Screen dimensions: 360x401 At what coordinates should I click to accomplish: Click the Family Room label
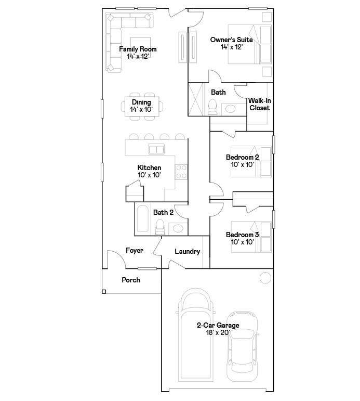point(138,49)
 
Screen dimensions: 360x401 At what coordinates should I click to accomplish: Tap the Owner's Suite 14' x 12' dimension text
point(232,47)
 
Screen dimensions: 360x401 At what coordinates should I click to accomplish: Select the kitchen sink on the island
point(156,149)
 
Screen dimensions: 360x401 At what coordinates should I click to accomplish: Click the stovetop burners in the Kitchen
point(181,172)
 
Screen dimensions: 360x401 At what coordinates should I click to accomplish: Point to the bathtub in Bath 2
point(142,218)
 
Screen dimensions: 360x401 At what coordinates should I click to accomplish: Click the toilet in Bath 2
point(160,227)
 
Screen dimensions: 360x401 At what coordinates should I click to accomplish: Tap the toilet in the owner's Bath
point(212,107)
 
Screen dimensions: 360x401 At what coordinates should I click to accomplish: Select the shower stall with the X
point(195,99)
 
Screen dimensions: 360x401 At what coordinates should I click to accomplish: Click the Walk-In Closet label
point(260,104)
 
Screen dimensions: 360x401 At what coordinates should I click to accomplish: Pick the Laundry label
point(188,251)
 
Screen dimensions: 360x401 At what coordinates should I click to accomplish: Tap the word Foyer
point(135,250)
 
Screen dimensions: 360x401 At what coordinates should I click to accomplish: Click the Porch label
point(131,280)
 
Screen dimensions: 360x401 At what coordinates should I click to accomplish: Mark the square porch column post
point(104,292)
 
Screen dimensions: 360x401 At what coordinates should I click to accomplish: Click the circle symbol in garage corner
point(265,278)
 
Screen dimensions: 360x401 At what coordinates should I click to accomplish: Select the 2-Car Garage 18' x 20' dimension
point(218,332)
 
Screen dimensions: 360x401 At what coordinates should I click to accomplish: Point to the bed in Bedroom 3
point(251,237)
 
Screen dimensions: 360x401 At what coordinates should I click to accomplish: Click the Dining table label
point(141,102)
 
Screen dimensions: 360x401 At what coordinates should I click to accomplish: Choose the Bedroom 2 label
point(242,157)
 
